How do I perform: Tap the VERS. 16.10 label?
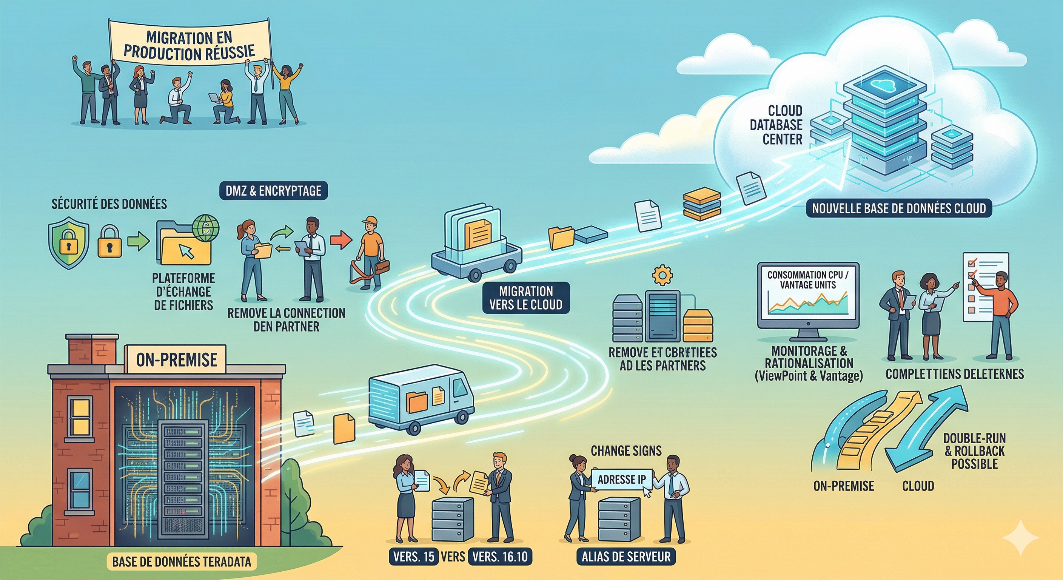pyautogui.click(x=500, y=557)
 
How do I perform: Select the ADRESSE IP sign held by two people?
pyautogui.click(x=621, y=479)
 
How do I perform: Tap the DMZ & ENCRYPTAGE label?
pyautogui.click(x=273, y=191)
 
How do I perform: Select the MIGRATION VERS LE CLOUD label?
pyautogui.click(x=526, y=298)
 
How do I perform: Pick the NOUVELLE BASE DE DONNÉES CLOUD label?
pyautogui.click(x=899, y=208)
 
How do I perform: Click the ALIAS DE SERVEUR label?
pyautogui.click(x=626, y=557)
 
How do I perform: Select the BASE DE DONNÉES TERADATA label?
pyautogui.click(x=181, y=561)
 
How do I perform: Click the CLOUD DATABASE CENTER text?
pyautogui.click(x=782, y=125)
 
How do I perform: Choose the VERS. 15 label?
pyautogui.click(x=413, y=557)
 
